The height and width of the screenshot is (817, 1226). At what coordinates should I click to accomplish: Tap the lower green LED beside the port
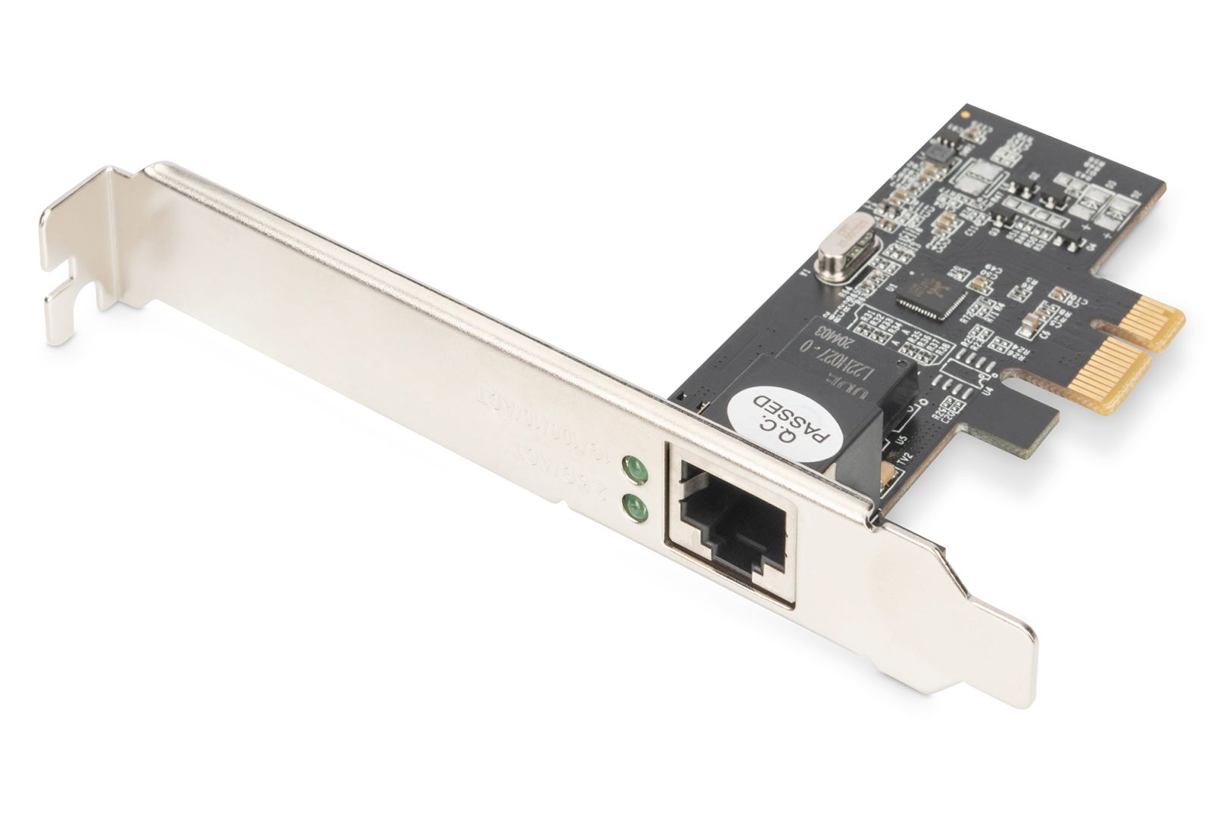tap(635, 508)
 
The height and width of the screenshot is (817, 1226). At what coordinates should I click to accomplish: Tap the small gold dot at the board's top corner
tap(964, 113)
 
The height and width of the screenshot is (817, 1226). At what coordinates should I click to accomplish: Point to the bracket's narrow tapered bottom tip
tap(1025, 681)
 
